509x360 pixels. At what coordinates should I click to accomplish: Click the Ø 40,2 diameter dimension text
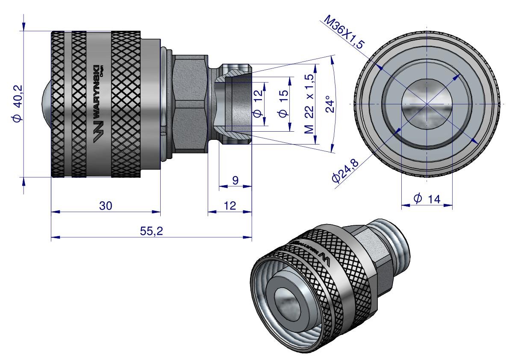click(x=18, y=103)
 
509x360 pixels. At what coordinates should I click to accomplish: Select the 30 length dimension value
click(x=106, y=206)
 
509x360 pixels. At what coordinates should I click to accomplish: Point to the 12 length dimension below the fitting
click(x=230, y=206)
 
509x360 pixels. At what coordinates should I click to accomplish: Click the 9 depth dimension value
click(x=235, y=180)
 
